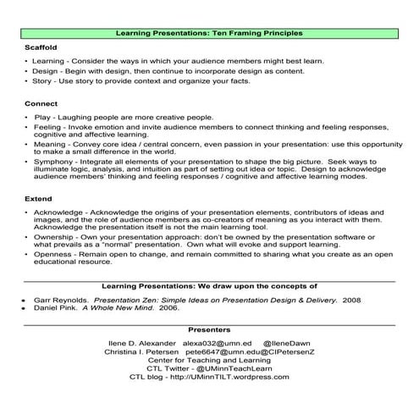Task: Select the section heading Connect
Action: pos(39,102)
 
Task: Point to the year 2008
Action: pos(351,300)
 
